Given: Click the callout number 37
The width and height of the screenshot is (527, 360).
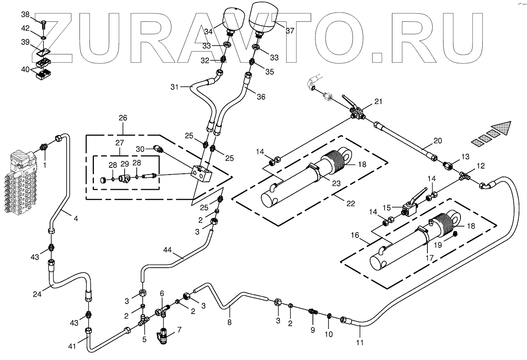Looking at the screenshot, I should click(290, 30).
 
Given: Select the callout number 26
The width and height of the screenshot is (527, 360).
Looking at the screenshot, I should click(123, 118).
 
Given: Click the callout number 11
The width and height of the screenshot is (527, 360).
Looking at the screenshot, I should click(360, 343).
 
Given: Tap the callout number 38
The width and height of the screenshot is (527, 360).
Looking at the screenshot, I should click(25, 15).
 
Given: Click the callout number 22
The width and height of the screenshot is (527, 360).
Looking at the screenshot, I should click(351, 203).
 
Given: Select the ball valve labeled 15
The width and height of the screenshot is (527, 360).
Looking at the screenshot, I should click(410, 209).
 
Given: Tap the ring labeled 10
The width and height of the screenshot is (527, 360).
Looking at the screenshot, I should click(329, 314).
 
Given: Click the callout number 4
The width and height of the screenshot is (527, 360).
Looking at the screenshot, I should click(75, 219).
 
